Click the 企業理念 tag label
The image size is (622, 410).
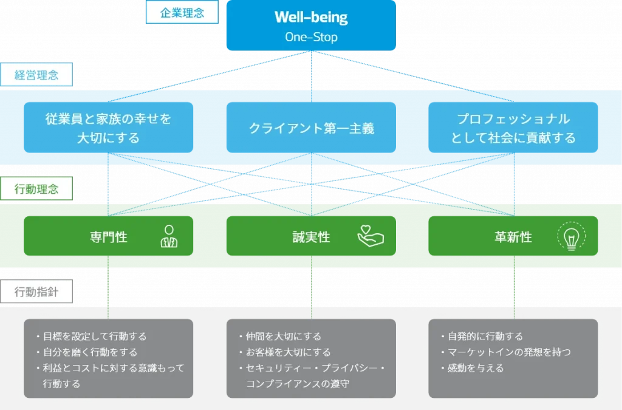182,13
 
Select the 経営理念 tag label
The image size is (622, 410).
36,75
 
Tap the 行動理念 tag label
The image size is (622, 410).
36,189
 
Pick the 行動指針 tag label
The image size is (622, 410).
36,293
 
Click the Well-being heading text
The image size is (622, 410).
311,17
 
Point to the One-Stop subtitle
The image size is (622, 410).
311,37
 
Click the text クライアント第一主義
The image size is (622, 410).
311,128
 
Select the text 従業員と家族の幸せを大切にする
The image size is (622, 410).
108,128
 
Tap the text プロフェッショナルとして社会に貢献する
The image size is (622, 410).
513,128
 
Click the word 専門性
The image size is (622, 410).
108,237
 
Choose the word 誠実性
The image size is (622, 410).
311,237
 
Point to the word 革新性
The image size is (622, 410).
513,237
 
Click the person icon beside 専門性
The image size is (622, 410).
169,237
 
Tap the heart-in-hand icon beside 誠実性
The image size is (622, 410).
371,236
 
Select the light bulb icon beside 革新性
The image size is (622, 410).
571,237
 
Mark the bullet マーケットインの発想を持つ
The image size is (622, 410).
508,352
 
